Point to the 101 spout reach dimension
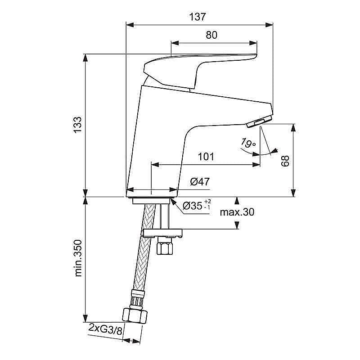(x=205, y=157)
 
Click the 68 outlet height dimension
(x=285, y=160)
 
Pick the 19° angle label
(x=248, y=144)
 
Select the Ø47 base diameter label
(x=200, y=182)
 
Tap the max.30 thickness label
(x=237, y=212)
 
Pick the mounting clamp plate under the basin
(x=162, y=233)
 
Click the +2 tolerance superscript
(x=207, y=201)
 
